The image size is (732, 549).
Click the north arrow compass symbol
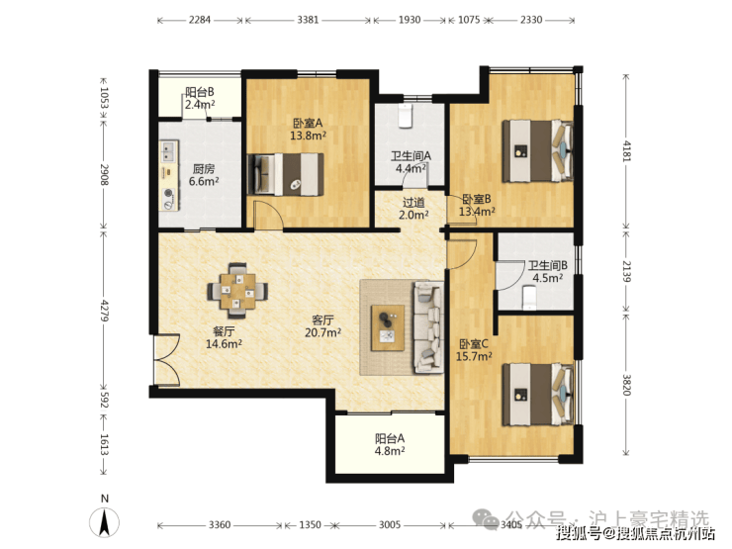pyautogui.click(x=105, y=521)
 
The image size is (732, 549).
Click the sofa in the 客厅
pyautogui.click(x=427, y=326)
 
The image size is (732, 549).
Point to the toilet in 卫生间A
pyautogui.click(x=405, y=116)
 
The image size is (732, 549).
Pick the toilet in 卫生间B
pyautogui.click(x=529, y=298)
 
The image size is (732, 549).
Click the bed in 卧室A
pyautogui.click(x=285, y=174)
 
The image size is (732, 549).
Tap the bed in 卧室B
pyautogui.click(x=537, y=151)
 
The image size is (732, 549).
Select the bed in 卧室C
pyautogui.click(x=537, y=395)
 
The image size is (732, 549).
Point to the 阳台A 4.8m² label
pyautogui.click(x=390, y=444)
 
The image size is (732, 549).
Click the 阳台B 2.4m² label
pyautogui.click(x=200, y=99)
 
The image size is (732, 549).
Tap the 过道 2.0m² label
pyautogui.click(x=413, y=209)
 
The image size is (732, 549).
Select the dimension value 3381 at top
pyautogui.click(x=308, y=20)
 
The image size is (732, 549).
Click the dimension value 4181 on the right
pyautogui.click(x=626, y=150)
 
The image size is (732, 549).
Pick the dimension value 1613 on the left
pyautogui.click(x=104, y=445)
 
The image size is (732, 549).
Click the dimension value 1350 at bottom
pyautogui.click(x=310, y=524)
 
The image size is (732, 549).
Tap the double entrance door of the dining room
pyautogui.click(x=166, y=359)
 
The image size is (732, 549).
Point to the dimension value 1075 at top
pyautogui.click(x=469, y=20)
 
